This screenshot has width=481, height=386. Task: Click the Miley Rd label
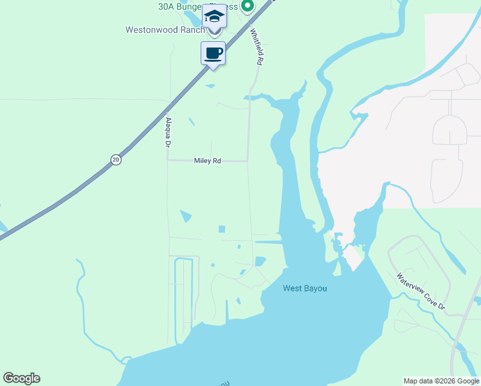207,161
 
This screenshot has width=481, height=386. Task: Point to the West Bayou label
305,289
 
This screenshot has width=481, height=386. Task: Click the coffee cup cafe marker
213,53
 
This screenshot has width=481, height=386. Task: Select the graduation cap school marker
214,16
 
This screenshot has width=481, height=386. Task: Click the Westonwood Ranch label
165,30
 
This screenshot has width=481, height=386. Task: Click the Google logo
21,378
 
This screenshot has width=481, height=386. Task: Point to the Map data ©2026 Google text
441,381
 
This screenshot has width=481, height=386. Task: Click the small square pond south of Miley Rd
222,229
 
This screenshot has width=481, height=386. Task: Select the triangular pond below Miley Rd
185,216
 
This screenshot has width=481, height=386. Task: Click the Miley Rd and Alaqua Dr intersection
168,161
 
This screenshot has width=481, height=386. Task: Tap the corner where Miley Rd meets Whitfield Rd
248,161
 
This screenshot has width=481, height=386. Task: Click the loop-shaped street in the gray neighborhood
449,130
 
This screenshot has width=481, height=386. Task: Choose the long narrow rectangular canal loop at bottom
184,289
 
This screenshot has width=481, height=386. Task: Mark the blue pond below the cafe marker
210,86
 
